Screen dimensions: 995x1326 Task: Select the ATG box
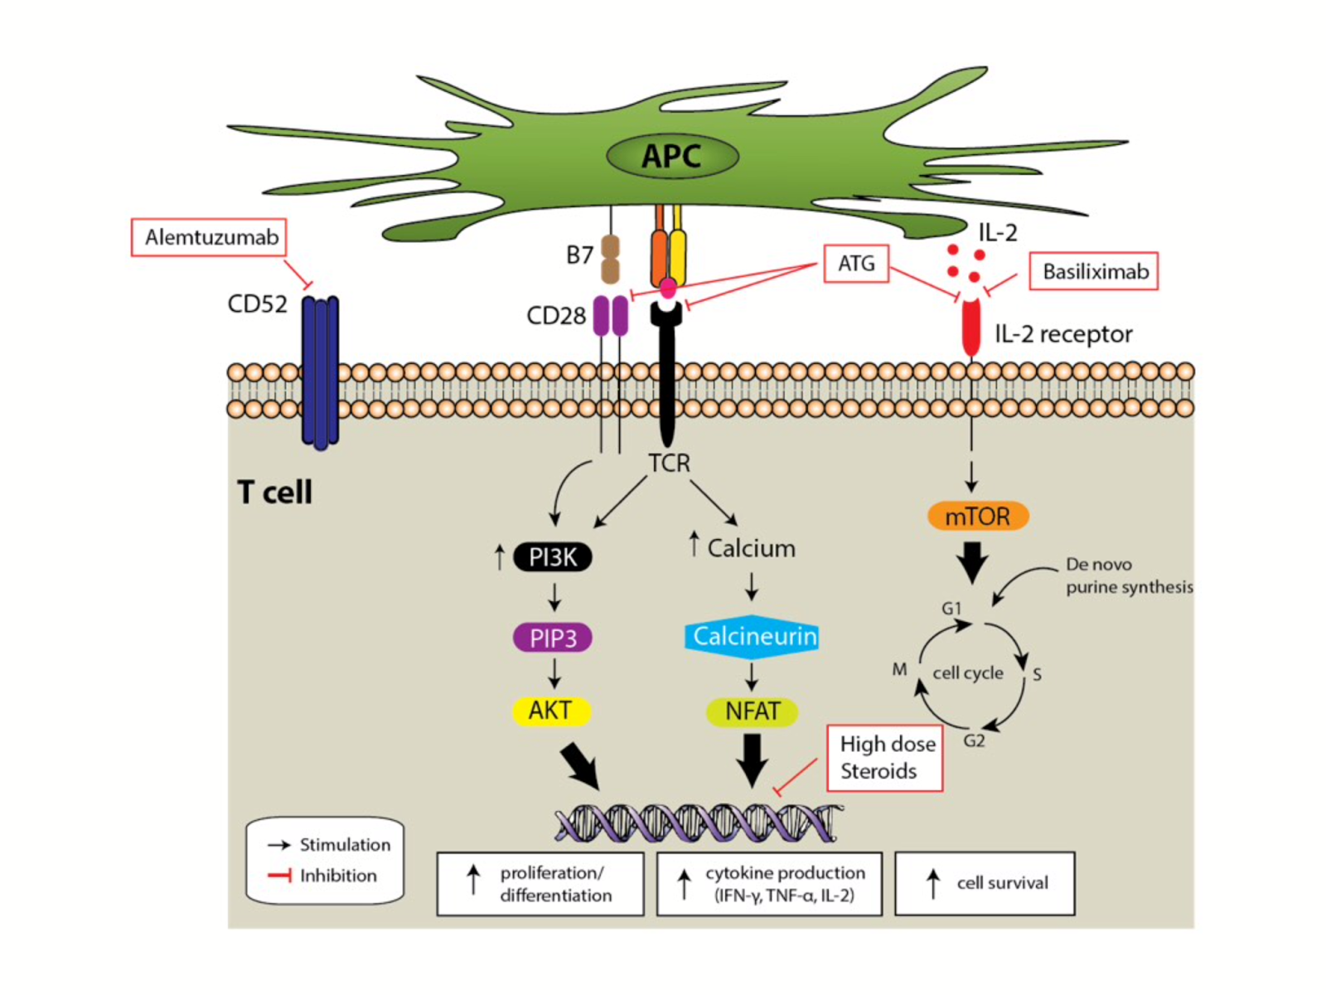[856, 264]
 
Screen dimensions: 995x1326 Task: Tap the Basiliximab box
[1093, 272]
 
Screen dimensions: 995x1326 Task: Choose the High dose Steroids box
[885, 758]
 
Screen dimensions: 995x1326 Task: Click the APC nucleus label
[671, 156]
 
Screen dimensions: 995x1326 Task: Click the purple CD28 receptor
[611, 316]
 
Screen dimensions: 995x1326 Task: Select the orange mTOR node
[978, 517]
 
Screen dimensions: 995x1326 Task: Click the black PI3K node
[553, 557]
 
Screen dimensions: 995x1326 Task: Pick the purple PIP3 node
[553, 638]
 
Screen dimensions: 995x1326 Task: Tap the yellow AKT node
[551, 711]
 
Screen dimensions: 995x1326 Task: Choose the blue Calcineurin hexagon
[753, 637]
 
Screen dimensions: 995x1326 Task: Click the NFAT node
[753, 711]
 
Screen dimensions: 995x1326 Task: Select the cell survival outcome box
[985, 883]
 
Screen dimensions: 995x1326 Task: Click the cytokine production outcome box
[769, 884]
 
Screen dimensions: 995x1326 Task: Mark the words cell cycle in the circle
[968, 673]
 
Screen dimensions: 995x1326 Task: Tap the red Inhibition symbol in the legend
[280, 876]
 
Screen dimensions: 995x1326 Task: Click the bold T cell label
[274, 493]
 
